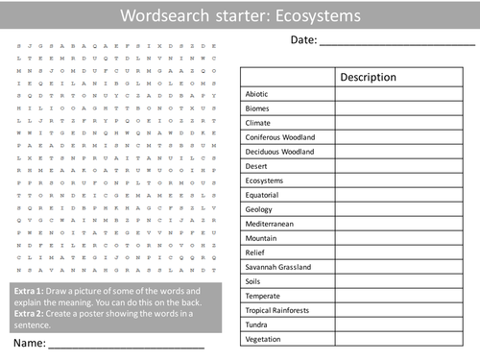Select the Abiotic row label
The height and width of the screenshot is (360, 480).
coord(256,94)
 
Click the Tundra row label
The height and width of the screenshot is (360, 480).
coord(258,324)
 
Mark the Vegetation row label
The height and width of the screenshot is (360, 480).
coord(264,339)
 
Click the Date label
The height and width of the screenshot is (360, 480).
coord(301,39)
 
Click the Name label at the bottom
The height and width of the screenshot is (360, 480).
coord(28,343)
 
